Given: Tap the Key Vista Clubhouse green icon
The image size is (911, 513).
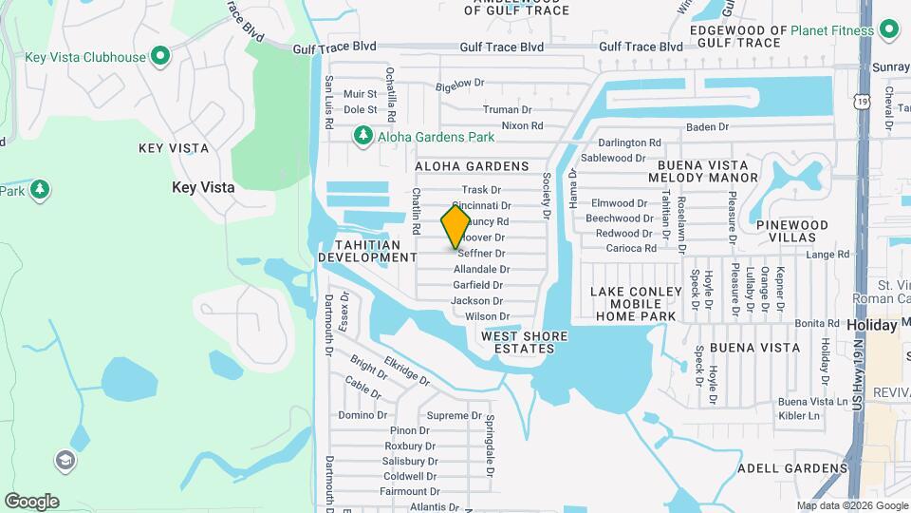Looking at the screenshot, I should click(x=159, y=56).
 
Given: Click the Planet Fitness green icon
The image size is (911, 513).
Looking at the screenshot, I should click(x=889, y=29).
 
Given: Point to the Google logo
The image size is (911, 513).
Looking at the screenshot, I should click(x=31, y=501).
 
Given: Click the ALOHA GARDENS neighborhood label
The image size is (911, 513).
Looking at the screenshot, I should click(x=472, y=166).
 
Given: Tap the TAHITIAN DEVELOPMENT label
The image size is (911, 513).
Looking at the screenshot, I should click(x=367, y=250).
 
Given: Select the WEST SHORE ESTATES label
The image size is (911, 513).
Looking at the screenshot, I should click(x=524, y=342).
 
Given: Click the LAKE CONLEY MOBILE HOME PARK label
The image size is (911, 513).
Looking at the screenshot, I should click(x=636, y=303).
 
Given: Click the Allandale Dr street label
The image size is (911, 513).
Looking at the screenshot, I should click(x=481, y=269).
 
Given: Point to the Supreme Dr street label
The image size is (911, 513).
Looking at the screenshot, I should click(x=455, y=415).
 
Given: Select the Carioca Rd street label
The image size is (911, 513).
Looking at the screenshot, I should click(x=632, y=248).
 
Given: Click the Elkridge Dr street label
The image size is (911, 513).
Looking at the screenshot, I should click(x=407, y=371).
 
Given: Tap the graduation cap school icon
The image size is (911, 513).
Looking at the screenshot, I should click(x=66, y=461).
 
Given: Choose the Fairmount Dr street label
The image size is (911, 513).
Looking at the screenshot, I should click(x=404, y=491).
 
